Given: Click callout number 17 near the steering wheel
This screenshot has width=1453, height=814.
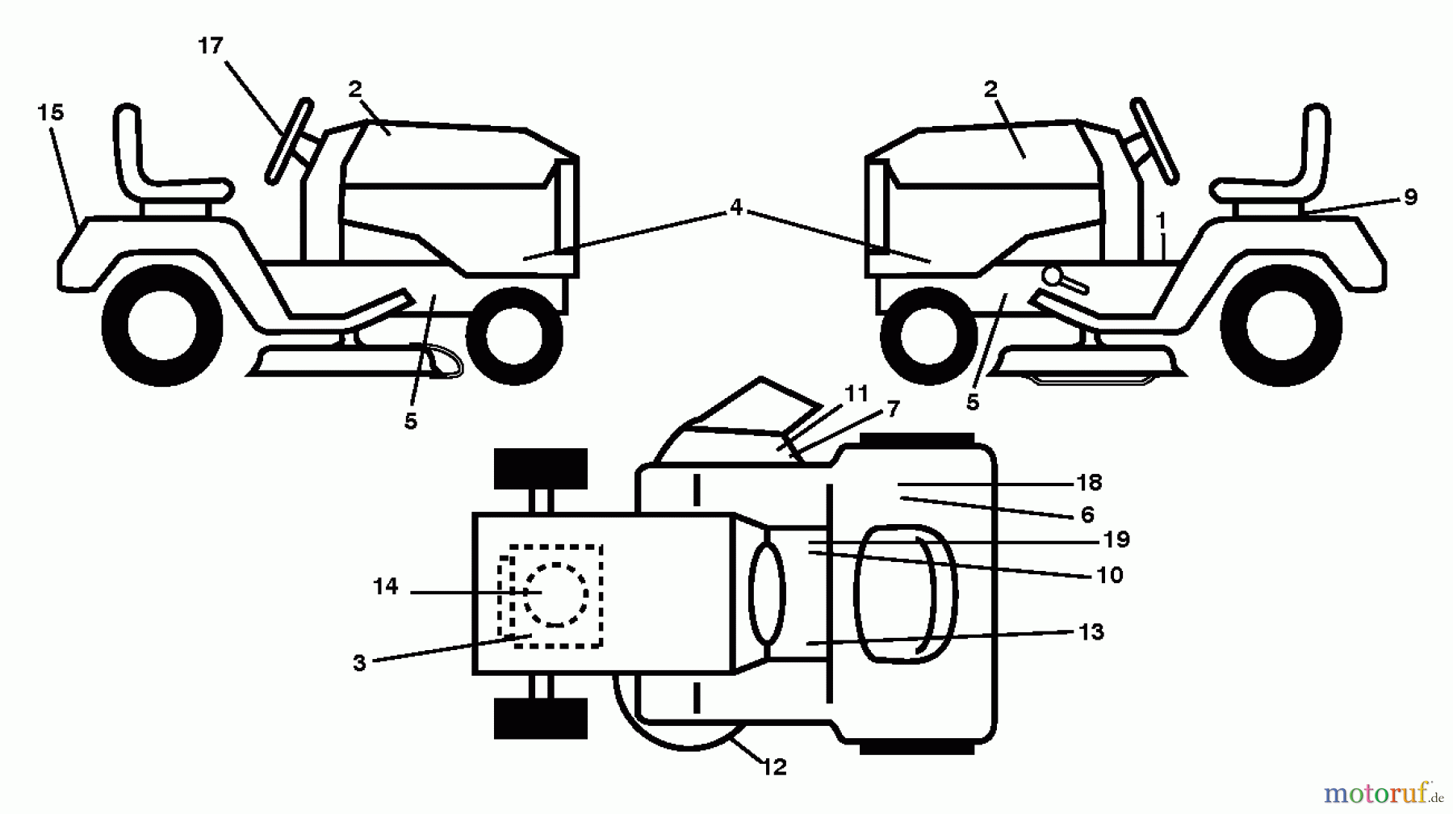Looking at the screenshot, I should (210, 46).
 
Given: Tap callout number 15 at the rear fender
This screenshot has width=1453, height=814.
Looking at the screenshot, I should (50, 112).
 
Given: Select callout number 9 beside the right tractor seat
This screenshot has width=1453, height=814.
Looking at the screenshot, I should (1410, 196).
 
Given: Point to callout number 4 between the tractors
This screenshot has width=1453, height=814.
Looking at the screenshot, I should (735, 208).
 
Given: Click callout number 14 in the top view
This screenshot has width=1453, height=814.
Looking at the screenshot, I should (386, 586).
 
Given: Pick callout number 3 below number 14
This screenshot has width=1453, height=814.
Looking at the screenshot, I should (359, 663).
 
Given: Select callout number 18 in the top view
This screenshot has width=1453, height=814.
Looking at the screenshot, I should (1089, 483).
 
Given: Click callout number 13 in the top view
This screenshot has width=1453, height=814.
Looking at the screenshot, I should (1091, 631).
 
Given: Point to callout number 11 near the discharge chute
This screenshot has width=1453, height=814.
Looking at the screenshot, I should (856, 393).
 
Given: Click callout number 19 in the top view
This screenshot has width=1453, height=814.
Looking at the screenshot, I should (1116, 539).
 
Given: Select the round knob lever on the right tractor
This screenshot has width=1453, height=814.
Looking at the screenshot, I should (1052, 275).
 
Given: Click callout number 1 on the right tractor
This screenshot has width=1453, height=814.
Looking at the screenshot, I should (1161, 220).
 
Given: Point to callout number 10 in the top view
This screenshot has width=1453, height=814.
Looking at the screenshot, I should (1110, 575).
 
